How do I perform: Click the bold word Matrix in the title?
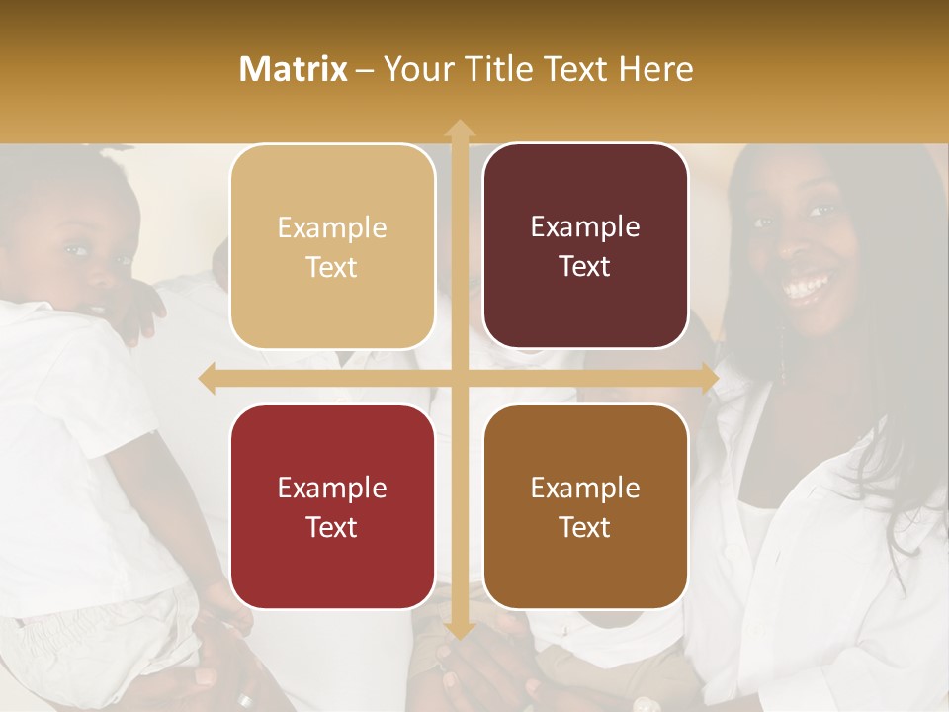pos(293,69)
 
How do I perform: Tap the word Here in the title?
pos(655,69)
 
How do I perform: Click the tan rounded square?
pos(332,246)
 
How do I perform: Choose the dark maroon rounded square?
pos(585,246)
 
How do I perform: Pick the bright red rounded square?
pos(332,507)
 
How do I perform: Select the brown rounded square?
pos(585,507)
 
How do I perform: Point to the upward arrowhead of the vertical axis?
pos(459,129)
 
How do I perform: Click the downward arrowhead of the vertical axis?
pos(459,630)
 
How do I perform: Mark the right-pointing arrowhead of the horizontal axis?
pos(709,379)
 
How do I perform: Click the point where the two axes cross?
pos(459,379)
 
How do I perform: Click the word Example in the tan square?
pos(332,228)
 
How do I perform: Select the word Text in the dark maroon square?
pos(585,267)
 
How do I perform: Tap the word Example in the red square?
pos(332,489)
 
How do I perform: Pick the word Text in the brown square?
pos(585,527)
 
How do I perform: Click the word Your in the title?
pos(416,69)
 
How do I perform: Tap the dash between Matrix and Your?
pos(365,70)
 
